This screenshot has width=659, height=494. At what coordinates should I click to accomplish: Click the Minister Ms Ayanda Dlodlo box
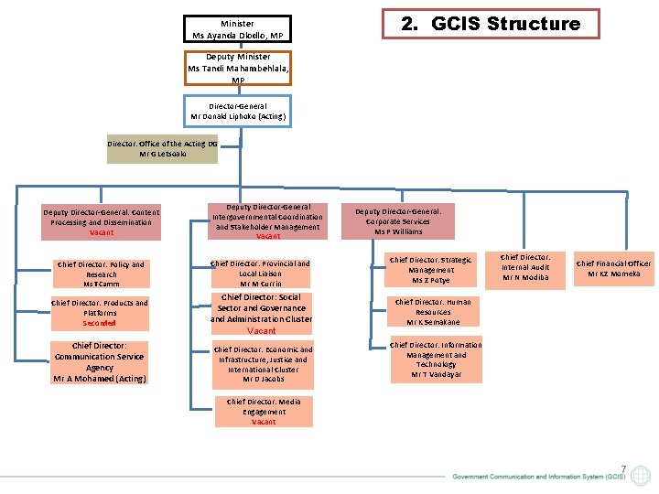237,29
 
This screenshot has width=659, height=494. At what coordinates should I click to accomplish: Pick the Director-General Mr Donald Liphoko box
237,112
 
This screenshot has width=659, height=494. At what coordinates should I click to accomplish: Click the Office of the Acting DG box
162,148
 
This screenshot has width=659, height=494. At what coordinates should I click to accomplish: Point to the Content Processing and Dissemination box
102,222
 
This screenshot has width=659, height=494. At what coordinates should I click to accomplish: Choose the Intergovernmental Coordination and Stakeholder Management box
267,222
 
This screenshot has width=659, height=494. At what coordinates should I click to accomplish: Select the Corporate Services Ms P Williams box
404,221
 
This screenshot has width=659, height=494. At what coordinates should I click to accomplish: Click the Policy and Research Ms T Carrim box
101,274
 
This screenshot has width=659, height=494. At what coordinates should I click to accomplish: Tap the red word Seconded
100,323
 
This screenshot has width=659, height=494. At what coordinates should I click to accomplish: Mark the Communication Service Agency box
99,362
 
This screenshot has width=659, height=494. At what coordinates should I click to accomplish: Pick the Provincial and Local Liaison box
261,274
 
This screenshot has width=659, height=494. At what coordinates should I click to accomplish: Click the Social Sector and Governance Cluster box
261,313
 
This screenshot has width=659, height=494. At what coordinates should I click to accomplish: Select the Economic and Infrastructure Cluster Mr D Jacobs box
263,364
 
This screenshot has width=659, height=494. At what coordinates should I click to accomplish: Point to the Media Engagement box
264,412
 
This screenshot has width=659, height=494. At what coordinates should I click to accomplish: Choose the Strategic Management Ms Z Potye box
430,270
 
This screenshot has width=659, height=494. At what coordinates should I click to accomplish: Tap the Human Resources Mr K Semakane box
429,312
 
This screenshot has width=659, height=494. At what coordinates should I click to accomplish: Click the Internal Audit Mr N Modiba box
525,267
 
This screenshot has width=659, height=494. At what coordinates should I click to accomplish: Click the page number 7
622,468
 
